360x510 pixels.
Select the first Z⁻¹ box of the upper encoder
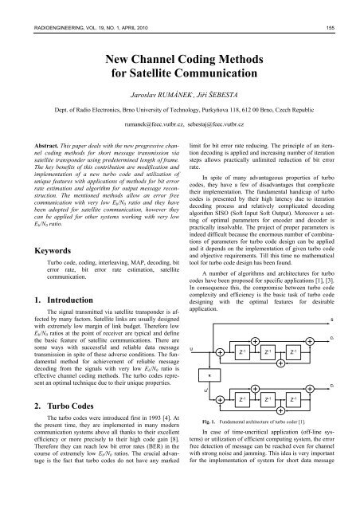coord(241,350)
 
